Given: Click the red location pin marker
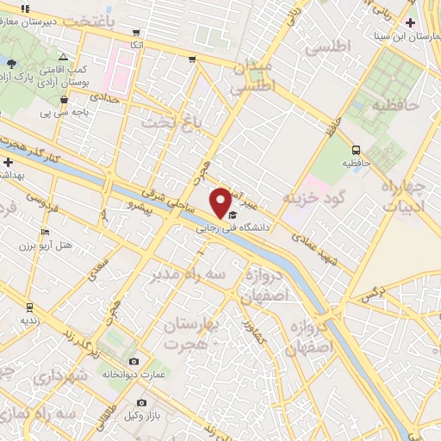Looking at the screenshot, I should pyautogui.click(x=220, y=202).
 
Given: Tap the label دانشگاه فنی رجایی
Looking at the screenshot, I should pyautogui.click(x=233, y=228).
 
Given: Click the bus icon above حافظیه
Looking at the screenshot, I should pyautogui.click(x=356, y=149).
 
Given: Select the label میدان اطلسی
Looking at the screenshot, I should pyautogui.click(x=252, y=77).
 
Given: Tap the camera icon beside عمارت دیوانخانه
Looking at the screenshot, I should pyautogui.click(x=134, y=361).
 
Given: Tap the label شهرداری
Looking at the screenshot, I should pyautogui.click(x=64, y=376).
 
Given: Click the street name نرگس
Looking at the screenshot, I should pyautogui.click(x=371, y=295).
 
